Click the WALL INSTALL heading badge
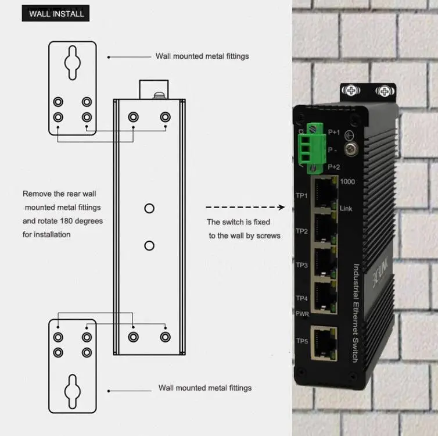[x=56, y=13]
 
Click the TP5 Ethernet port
[x=324, y=342]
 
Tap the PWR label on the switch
[x=302, y=313]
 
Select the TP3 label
[x=301, y=265]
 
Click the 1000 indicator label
[x=347, y=181]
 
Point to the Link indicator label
[x=346, y=209]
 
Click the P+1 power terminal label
[x=333, y=133]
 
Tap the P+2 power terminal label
[x=333, y=167]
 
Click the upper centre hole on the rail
[x=149, y=208]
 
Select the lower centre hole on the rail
[x=149, y=245]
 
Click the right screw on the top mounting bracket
[x=383, y=91]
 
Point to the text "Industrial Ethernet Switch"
[x=356, y=313]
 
